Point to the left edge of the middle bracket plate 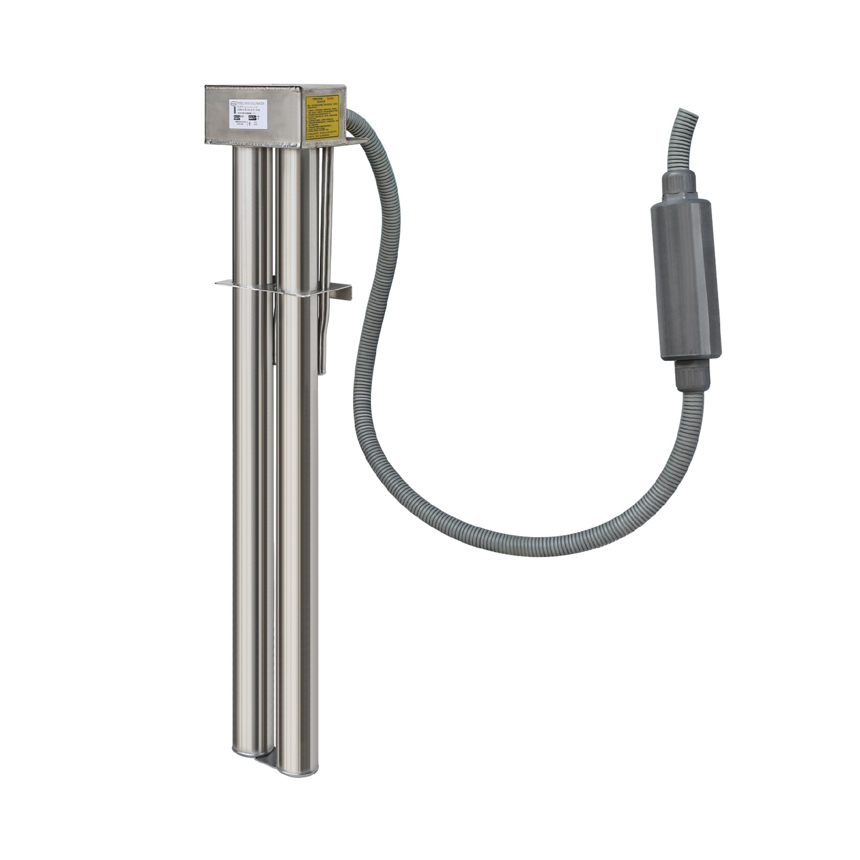click(x=217, y=283)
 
